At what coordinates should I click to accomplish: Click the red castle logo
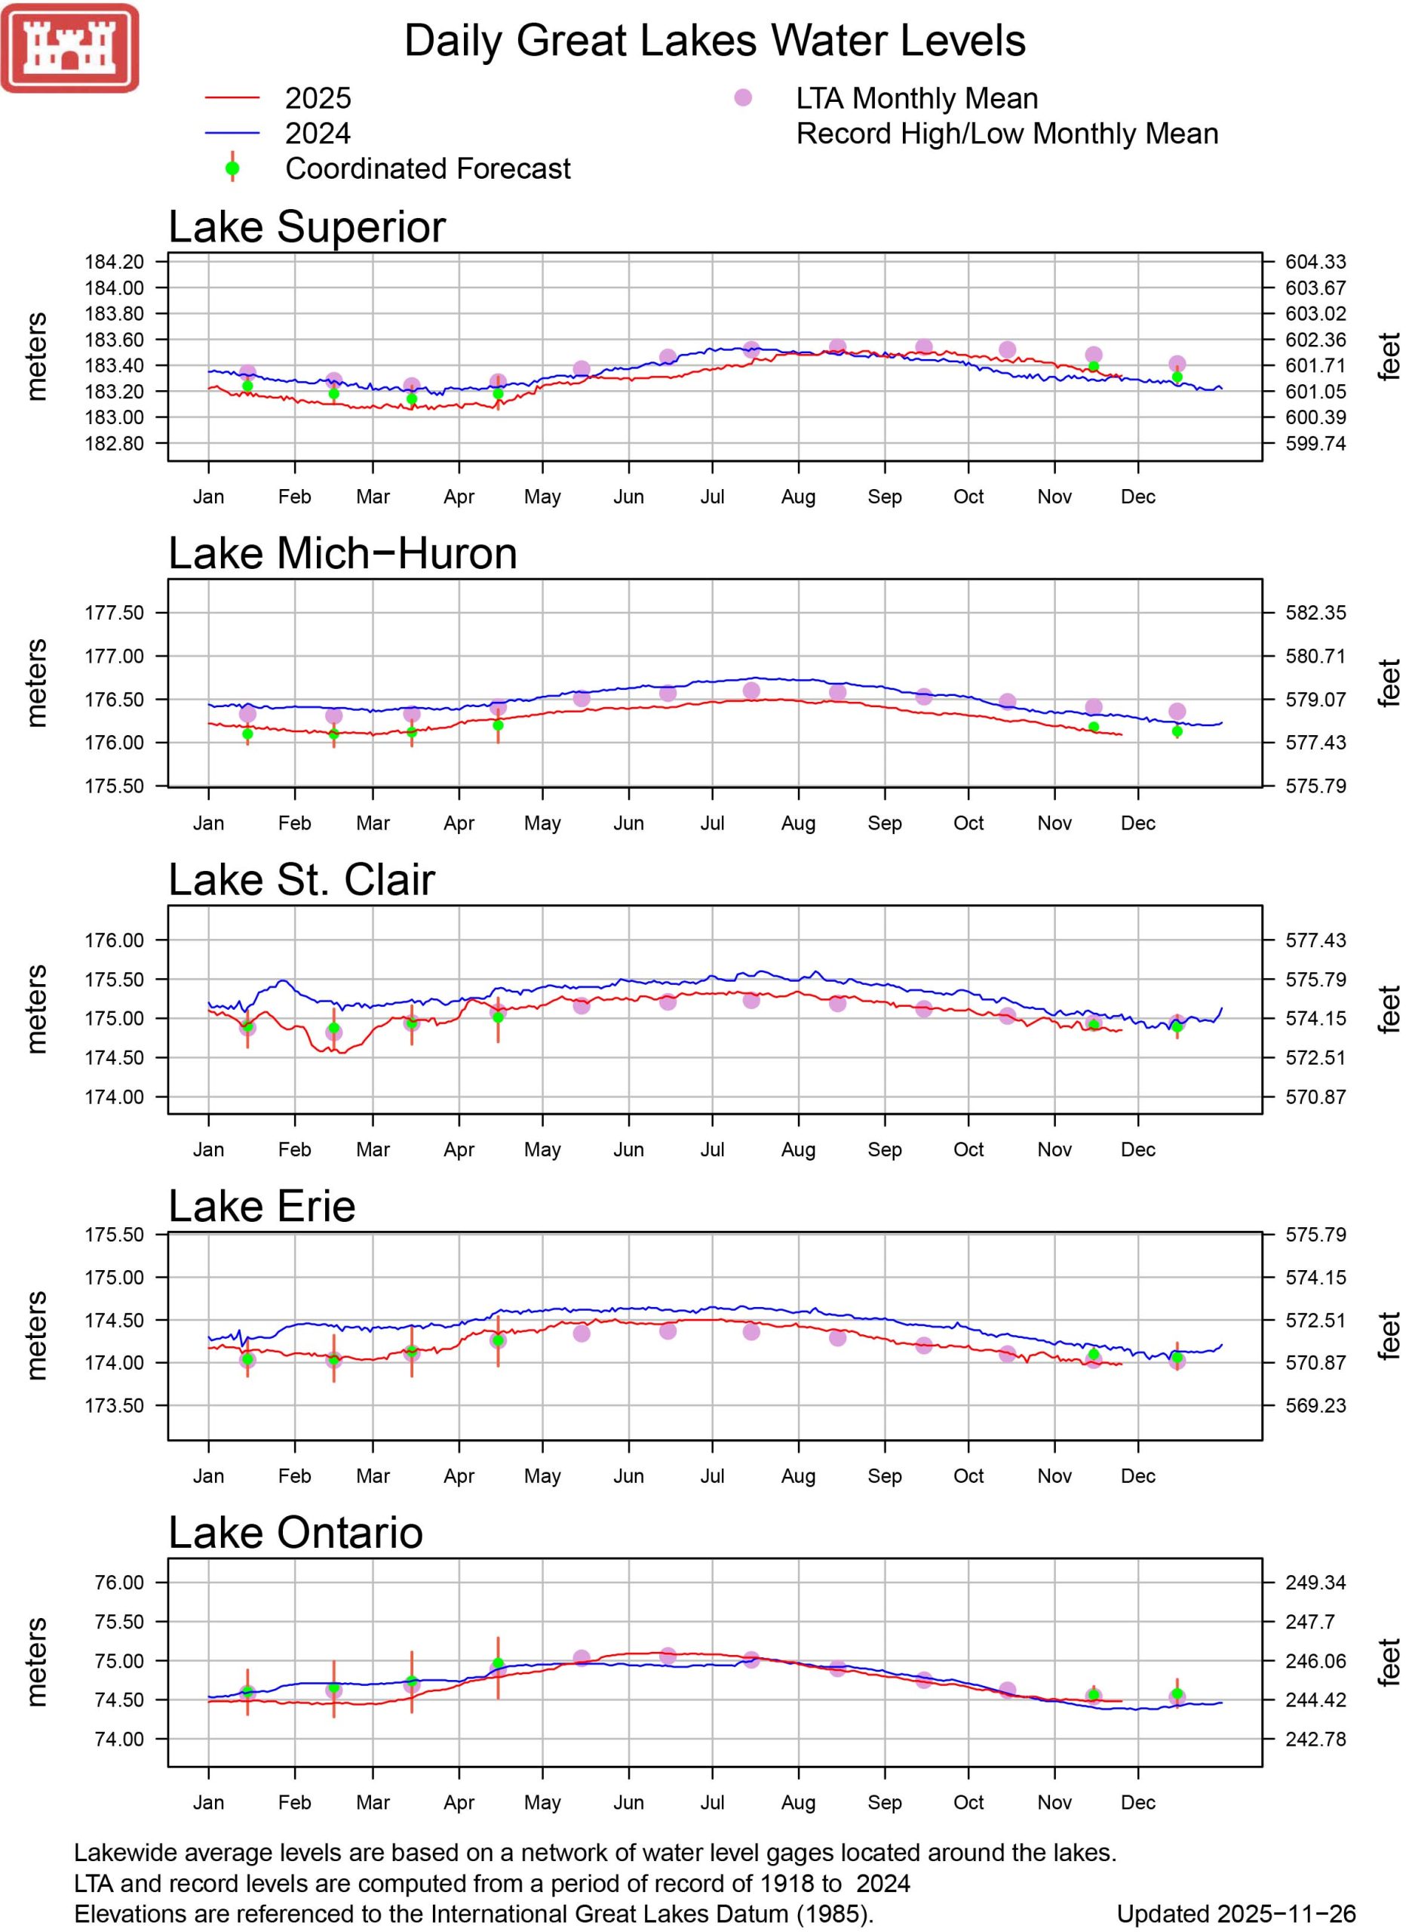(69, 48)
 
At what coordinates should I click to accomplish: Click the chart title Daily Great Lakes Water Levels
(714, 40)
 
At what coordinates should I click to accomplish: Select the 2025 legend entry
(318, 99)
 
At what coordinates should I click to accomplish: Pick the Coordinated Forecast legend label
(428, 169)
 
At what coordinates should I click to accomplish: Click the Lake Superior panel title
(307, 227)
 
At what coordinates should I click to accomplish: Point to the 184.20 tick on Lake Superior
(114, 261)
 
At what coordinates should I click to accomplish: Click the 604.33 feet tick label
(1315, 261)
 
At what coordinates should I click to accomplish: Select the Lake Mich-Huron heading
(342, 553)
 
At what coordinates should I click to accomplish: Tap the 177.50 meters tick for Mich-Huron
(114, 613)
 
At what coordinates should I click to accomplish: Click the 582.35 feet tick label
(1315, 613)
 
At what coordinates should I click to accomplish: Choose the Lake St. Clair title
(302, 880)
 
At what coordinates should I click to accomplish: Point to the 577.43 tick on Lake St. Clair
(1315, 940)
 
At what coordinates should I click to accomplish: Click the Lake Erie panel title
(261, 1206)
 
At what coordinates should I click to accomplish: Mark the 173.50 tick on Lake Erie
(114, 1405)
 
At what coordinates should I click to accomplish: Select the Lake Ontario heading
(296, 1533)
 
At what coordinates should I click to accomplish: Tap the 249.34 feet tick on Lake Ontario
(1315, 1583)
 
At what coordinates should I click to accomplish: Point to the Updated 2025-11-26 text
(1235, 1914)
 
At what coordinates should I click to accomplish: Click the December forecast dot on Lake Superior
(1177, 377)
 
